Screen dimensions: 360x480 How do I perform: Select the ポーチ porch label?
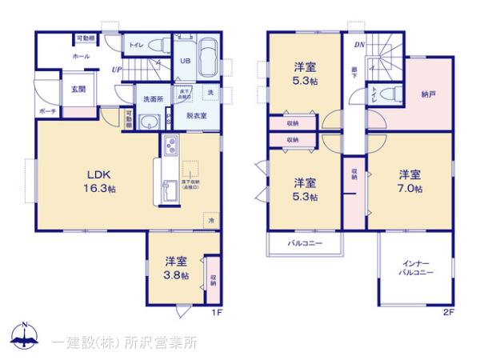pyautogui.click(x=47, y=112)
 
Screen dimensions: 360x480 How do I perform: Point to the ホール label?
pyautogui.click(x=81, y=57)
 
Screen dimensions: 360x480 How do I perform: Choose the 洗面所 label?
pyautogui.click(x=153, y=99)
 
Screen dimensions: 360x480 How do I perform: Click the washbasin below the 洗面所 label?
pyautogui.click(x=149, y=121)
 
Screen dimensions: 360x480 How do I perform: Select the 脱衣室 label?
pyautogui.click(x=197, y=116)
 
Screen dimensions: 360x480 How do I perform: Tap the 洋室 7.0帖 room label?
pyautogui.click(x=410, y=181)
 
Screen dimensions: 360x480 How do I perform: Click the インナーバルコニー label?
pyautogui.click(x=416, y=268)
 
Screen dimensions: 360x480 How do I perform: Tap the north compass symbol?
pyautogui.click(x=26, y=337)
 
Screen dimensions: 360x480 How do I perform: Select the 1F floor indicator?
pyautogui.click(x=216, y=312)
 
